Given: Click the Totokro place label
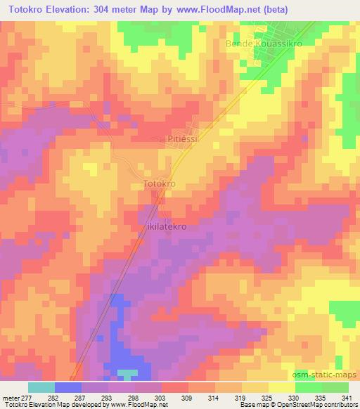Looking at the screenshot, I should tap(159, 183).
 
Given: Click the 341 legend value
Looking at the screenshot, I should tap(347, 397).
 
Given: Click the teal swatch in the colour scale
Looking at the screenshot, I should tap(41, 387).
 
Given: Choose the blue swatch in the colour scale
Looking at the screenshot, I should tap(68, 387).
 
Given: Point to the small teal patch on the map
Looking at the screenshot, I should tap(127, 373).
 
